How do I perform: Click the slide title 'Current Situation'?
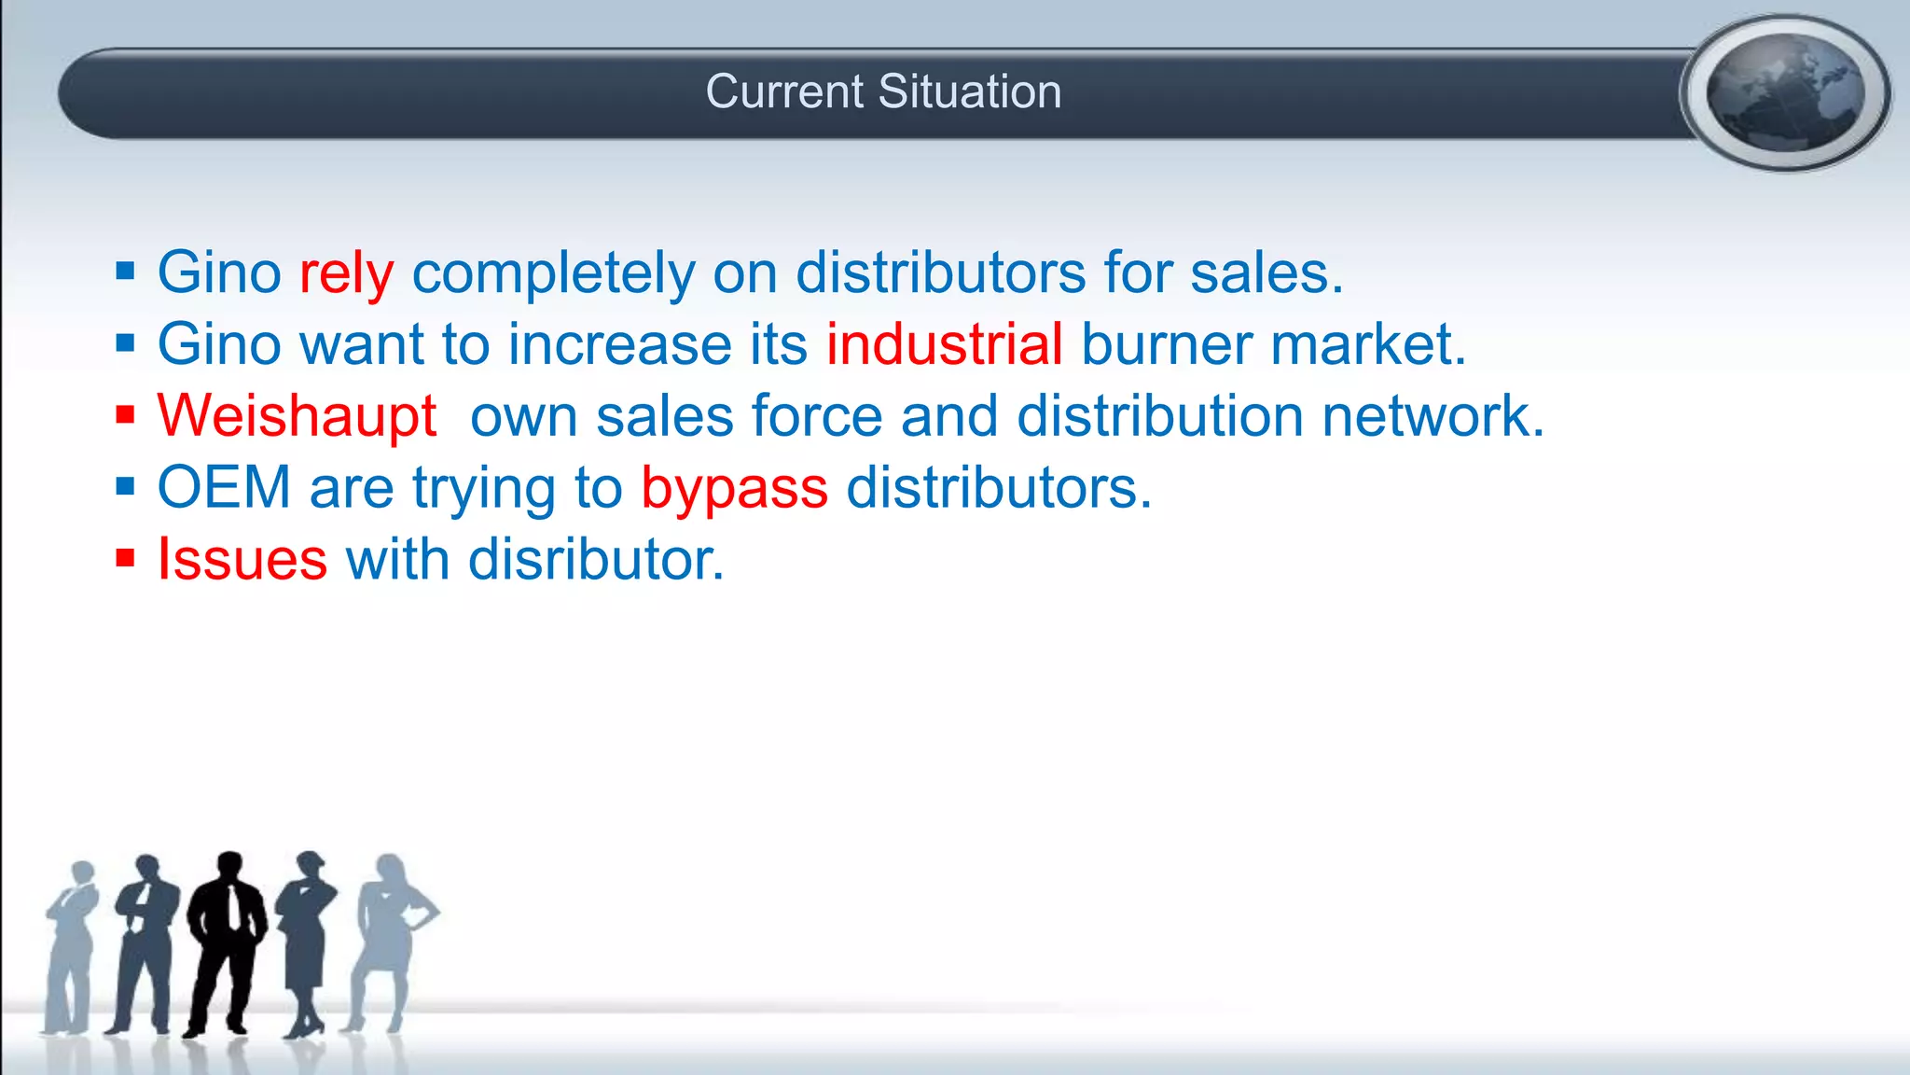pyautogui.click(x=883, y=91)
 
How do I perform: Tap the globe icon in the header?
pyautogui.click(x=1785, y=92)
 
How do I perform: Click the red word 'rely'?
pyautogui.click(x=346, y=273)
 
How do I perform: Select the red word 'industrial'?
pyautogui.click(x=944, y=344)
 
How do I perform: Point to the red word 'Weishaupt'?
pyautogui.click(x=297, y=416)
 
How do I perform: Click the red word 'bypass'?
pyautogui.click(x=734, y=488)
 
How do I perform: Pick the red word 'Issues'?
pyautogui.click(x=242, y=560)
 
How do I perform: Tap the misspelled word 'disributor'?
pyautogui.click(x=595, y=560)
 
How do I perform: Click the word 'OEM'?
pyautogui.click(x=224, y=487)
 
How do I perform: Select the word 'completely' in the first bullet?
pyautogui.click(x=554, y=273)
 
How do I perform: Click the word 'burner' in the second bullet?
pyautogui.click(x=1166, y=344)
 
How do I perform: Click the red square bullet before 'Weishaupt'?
pyautogui.click(x=126, y=414)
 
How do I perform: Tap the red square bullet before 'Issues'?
pyautogui.click(x=126, y=558)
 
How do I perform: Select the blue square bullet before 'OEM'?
pyautogui.click(x=126, y=486)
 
